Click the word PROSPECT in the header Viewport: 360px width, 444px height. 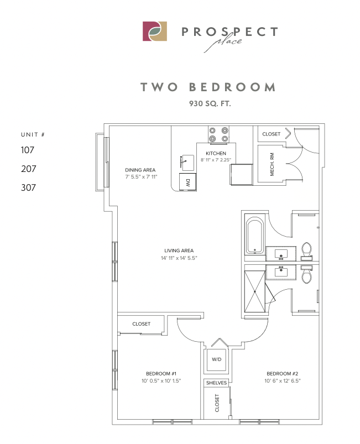pyautogui.click(x=229, y=32)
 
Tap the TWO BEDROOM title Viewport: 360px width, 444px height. pyautogui.click(x=207, y=87)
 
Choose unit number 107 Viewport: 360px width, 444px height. pyautogui.click(x=28, y=149)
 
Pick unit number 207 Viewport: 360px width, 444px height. pyautogui.click(x=28, y=169)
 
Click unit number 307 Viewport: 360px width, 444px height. pyautogui.click(x=28, y=187)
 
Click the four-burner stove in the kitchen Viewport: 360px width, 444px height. pyautogui.click(x=218, y=134)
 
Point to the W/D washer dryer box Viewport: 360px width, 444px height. pyautogui.click(x=215, y=359)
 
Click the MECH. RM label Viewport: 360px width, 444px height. pyautogui.click(x=272, y=165)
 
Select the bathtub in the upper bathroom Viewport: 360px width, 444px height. pyautogui.click(x=255, y=236)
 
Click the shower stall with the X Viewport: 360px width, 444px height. pyautogui.click(x=255, y=290)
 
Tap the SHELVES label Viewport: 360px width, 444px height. pyautogui.click(x=216, y=383)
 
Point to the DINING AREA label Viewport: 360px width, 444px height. pyautogui.click(x=140, y=170)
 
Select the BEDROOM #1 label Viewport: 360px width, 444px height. pyautogui.click(x=161, y=373)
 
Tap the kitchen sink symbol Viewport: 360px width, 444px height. pyautogui.click(x=187, y=162)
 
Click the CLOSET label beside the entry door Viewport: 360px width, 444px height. pyautogui.click(x=271, y=134)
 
